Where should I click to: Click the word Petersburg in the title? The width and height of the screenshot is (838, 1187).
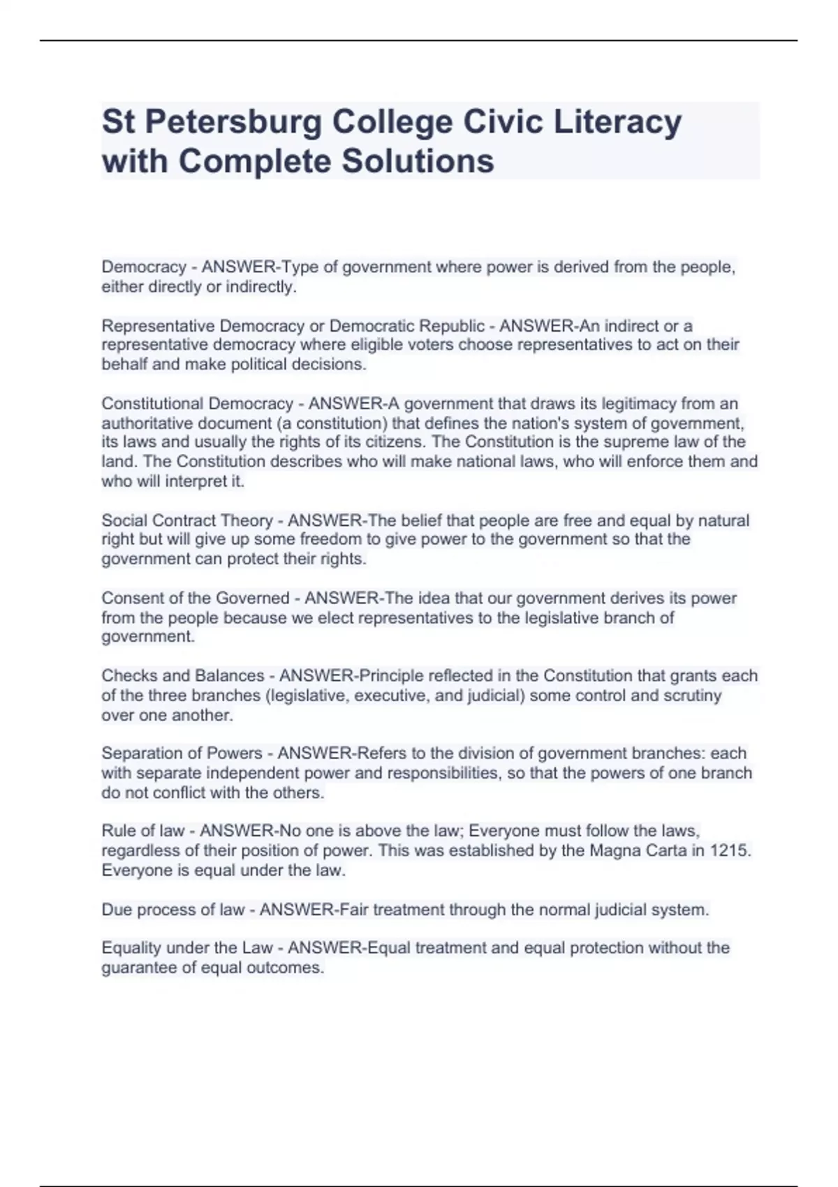click(x=231, y=122)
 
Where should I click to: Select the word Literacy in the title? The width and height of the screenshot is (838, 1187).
click(x=617, y=122)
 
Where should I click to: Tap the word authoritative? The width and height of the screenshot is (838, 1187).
click(x=146, y=423)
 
